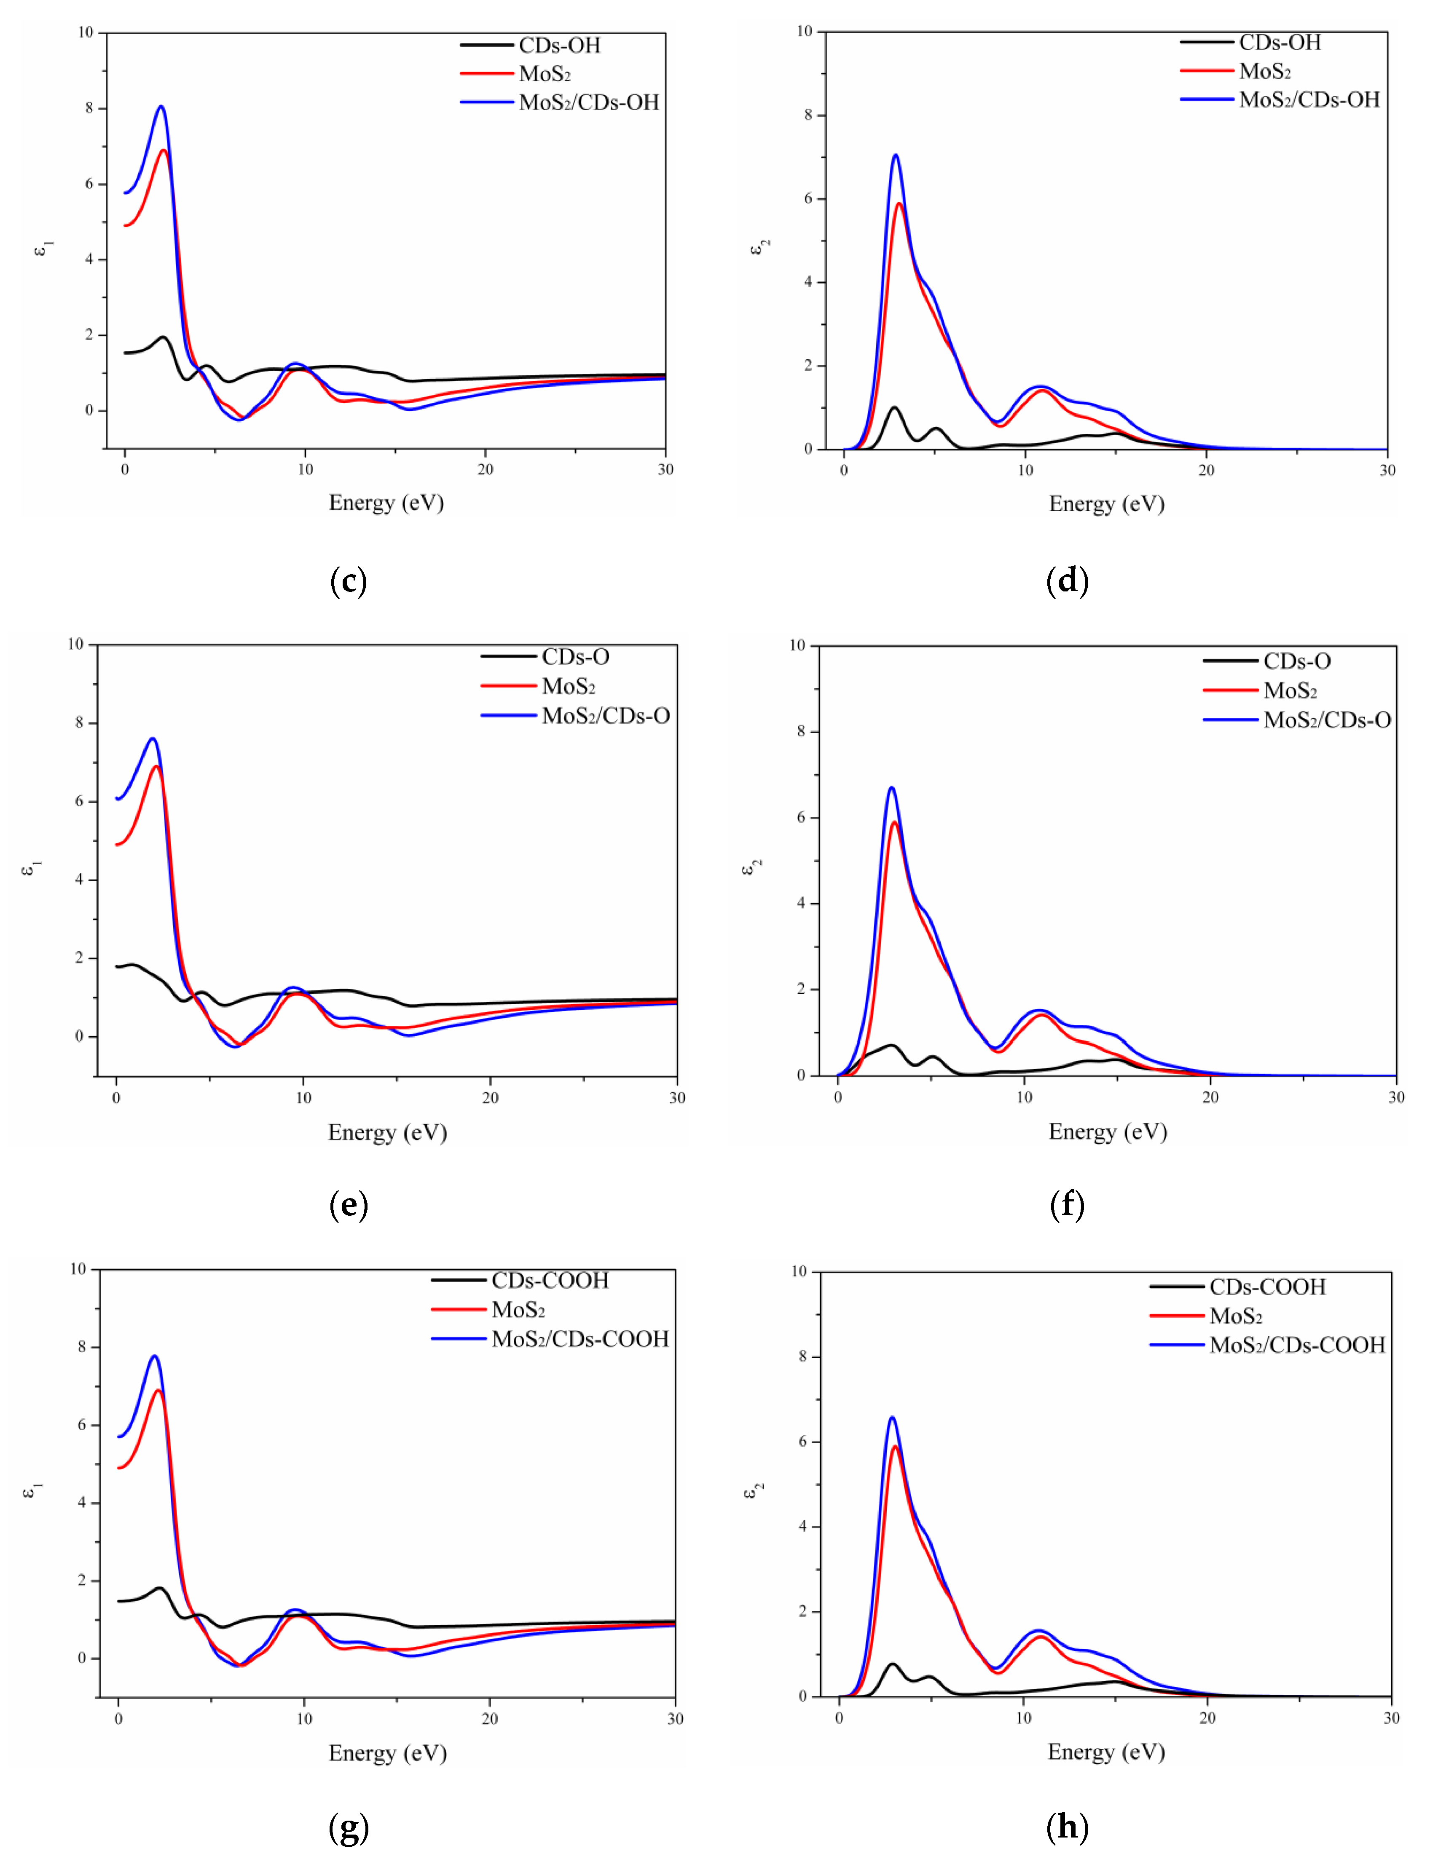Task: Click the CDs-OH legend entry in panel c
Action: [x=559, y=45]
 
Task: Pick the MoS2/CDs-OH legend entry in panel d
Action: [x=1308, y=99]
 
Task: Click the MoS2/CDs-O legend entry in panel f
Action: [x=1326, y=720]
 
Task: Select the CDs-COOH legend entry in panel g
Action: [x=550, y=1281]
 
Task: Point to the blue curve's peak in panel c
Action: [x=161, y=107]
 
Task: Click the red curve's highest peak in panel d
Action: [x=899, y=203]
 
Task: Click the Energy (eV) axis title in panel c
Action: [x=386, y=503]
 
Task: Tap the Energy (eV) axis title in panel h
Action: [x=1106, y=1752]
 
